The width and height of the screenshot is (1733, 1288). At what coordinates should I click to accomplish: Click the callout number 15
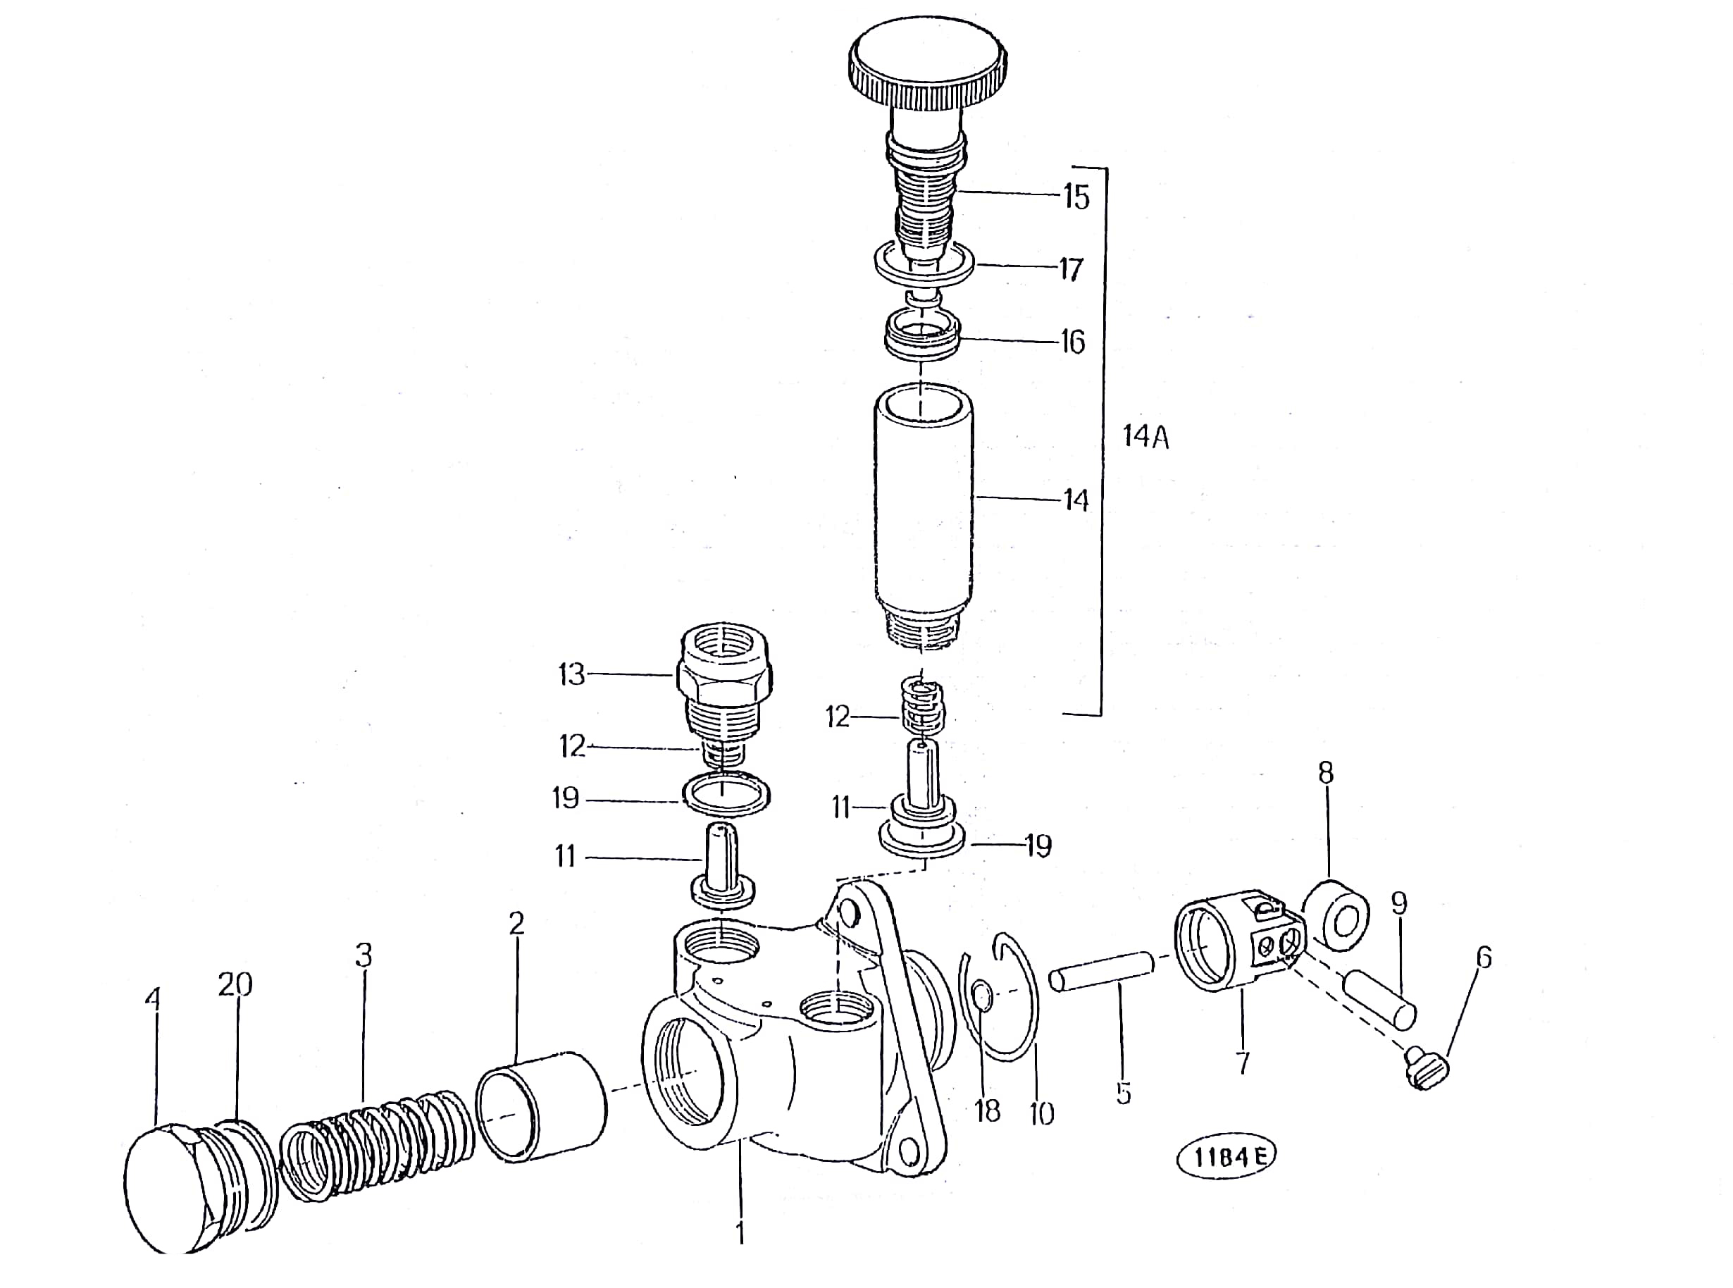pyautogui.click(x=1076, y=197)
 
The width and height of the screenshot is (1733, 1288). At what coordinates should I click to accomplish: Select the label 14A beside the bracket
pyautogui.click(x=1146, y=437)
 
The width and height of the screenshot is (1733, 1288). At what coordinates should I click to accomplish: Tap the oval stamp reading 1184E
pyautogui.click(x=1226, y=1157)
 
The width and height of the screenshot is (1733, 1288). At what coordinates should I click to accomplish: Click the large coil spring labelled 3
pyautogui.click(x=376, y=1144)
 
